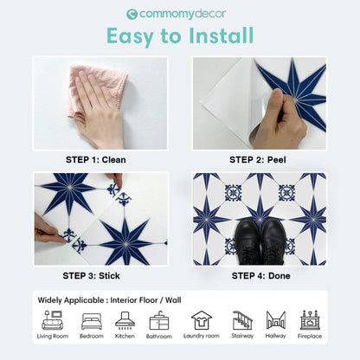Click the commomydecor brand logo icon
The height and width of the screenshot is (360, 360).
[x=132, y=14]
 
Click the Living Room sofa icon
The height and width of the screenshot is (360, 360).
[x=52, y=320]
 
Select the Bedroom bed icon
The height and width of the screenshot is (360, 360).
[x=91, y=320]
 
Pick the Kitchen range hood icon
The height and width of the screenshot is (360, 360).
[x=125, y=320]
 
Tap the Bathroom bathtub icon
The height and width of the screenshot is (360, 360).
[x=159, y=320]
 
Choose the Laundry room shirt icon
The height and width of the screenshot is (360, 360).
[x=202, y=320]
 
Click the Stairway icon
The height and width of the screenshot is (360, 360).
[x=243, y=320]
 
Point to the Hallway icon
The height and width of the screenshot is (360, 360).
[x=276, y=320]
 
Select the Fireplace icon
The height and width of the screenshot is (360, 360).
[x=309, y=320]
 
